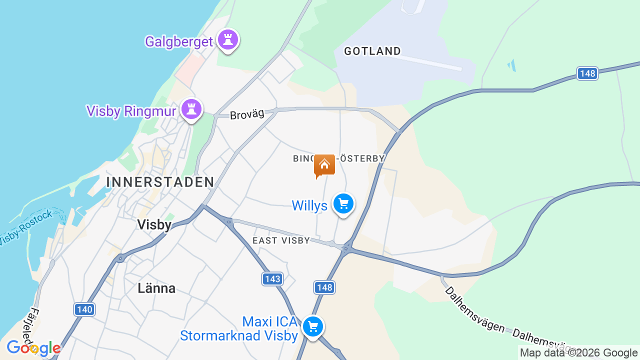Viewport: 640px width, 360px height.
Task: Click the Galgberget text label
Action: point(179,41)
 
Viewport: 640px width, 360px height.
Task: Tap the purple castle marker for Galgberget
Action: point(228,40)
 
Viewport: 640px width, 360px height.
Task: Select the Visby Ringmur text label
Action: point(131,110)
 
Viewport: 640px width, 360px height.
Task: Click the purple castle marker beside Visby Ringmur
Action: point(191,108)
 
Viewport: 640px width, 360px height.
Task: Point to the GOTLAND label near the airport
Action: point(372,51)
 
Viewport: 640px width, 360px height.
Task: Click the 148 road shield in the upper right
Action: point(587,73)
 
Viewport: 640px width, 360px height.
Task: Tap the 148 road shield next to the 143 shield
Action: point(324,287)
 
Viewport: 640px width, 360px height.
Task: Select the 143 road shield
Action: point(272,278)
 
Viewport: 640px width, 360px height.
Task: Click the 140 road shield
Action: point(84,309)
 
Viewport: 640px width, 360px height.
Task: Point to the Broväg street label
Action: point(247,114)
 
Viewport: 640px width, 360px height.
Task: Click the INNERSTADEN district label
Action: point(160,182)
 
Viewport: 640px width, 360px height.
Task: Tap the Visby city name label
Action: point(154,225)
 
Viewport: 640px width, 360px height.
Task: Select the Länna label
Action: point(156,288)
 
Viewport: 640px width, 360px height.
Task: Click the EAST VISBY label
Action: point(281,240)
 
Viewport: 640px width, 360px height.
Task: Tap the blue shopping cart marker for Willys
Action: point(343,204)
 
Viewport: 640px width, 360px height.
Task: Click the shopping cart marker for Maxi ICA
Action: point(313,327)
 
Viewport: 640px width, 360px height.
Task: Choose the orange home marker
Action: point(324,165)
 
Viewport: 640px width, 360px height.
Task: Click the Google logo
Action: point(33,348)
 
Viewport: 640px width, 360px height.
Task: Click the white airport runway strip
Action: point(425,61)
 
